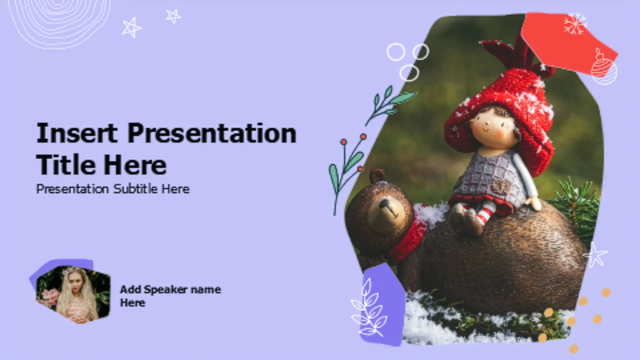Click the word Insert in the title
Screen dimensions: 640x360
coord(77,133)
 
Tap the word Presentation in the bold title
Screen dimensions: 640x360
coord(212,133)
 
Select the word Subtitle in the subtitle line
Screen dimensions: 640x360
coord(136,189)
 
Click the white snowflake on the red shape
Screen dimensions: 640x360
coord(574,24)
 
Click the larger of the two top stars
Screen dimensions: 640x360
coord(131,28)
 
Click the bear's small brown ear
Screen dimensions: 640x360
coord(377,176)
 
